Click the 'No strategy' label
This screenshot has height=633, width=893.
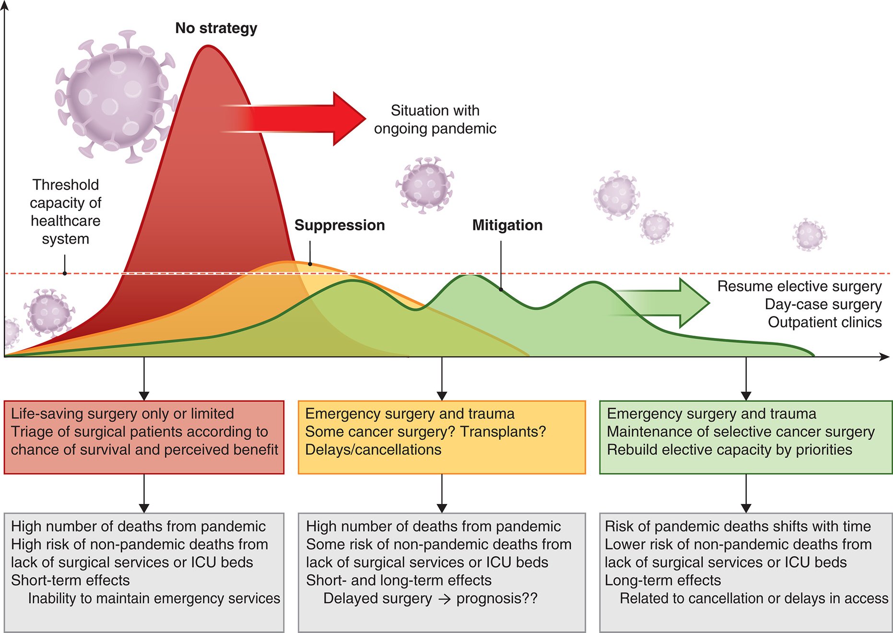216,28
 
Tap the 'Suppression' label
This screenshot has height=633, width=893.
340,225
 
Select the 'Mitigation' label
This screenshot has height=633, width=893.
507,225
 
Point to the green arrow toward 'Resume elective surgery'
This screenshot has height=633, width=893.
662,303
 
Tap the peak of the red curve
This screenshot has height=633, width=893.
208,46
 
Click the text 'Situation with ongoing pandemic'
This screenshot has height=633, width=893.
435,119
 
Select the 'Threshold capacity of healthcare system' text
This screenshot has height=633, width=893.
65,211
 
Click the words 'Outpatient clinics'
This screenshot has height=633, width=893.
824,322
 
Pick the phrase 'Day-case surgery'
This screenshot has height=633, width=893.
823,305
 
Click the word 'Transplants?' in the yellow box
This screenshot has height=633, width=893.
503,432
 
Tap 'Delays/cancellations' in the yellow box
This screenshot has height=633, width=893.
373,450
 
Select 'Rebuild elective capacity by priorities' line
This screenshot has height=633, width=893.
729,450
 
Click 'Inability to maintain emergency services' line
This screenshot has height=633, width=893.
154,598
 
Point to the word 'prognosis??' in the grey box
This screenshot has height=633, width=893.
497,598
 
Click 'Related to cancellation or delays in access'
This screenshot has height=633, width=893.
754,598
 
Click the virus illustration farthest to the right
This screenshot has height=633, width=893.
810,234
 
